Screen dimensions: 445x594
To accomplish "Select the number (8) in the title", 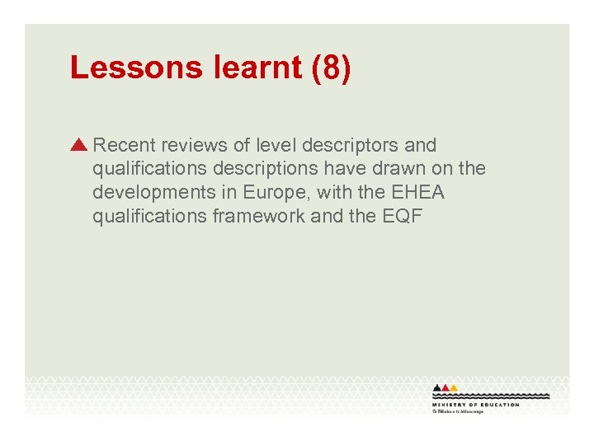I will [332, 68].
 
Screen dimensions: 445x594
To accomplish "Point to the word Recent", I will [125, 146].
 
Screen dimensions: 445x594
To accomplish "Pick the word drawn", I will [412, 170].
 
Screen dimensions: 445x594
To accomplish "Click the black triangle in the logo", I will [437, 387].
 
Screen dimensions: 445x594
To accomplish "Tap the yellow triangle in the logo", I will [454, 387].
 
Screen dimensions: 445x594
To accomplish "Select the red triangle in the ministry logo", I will [445, 387].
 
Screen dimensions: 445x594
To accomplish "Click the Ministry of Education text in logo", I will [475, 405].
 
